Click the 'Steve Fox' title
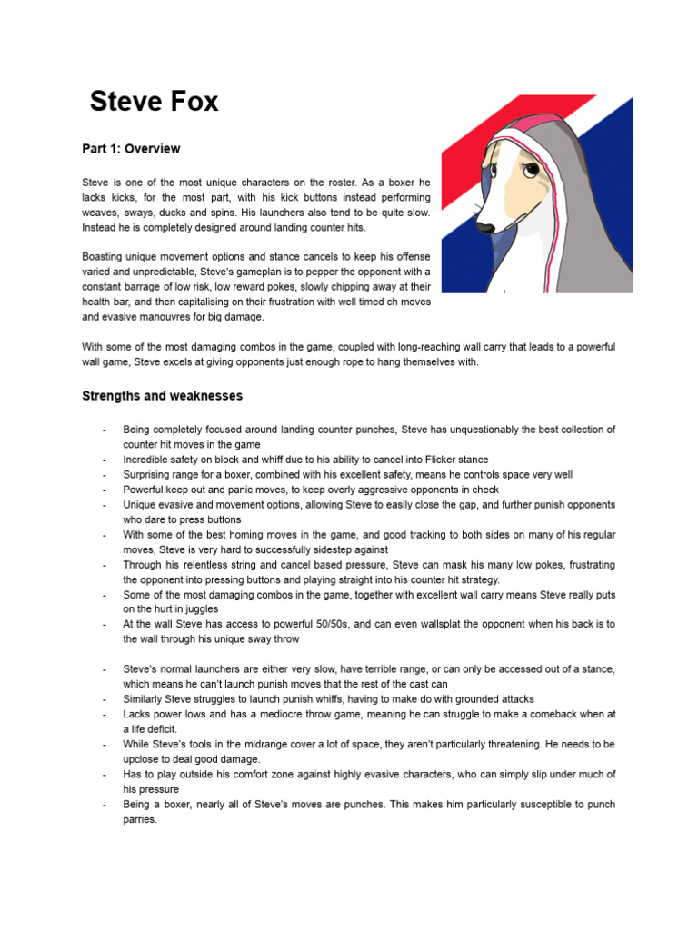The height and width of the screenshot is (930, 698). [x=154, y=101]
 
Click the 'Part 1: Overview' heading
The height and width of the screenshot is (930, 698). [x=131, y=148]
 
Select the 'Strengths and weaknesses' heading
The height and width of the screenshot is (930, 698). [x=162, y=396]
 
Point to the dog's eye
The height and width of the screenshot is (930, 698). [x=529, y=168]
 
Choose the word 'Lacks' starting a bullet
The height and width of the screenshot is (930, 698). [x=138, y=714]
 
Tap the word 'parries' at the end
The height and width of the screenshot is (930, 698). [x=140, y=819]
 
